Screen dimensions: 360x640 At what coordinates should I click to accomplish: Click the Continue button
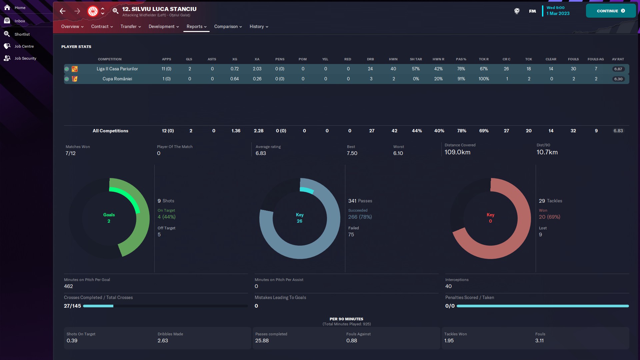(x=610, y=11)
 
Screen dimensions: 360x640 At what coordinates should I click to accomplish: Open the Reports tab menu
(x=196, y=27)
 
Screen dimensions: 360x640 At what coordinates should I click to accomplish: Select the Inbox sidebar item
(x=20, y=21)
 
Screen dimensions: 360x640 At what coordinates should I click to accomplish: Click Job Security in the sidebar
(x=25, y=58)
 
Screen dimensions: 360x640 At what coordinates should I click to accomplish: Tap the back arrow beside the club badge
(x=63, y=11)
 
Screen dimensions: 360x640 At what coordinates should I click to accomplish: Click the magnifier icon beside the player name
(x=115, y=11)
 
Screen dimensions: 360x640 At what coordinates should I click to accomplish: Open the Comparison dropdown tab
(x=228, y=27)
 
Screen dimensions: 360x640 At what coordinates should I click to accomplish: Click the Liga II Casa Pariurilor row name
(x=117, y=69)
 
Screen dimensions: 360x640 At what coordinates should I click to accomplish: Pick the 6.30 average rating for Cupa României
(x=618, y=79)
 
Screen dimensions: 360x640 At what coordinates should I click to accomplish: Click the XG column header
(x=235, y=59)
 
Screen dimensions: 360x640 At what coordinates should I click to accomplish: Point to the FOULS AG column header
(x=595, y=59)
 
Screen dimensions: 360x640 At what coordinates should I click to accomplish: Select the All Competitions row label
(x=110, y=131)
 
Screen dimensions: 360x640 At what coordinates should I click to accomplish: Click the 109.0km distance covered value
(x=457, y=152)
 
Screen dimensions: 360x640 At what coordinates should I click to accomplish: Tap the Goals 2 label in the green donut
(x=109, y=218)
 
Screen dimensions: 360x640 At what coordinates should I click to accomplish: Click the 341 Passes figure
(x=360, y=201)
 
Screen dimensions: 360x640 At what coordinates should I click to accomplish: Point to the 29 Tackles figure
(x=550, y=201)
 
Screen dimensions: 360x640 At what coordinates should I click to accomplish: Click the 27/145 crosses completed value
(x=72, y=306)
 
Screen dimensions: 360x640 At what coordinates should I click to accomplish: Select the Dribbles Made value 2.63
(x=163, y=341)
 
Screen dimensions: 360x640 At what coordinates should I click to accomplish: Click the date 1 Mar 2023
(x=558, y=14)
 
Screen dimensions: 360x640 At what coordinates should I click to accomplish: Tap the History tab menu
(x=259, y=27)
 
